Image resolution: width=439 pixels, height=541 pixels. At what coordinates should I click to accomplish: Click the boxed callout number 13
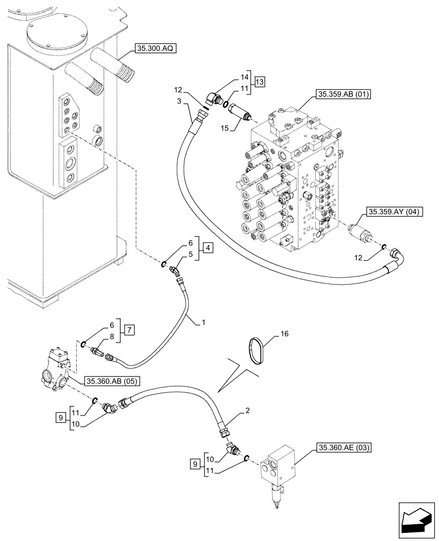pyautogui.click(x=260, y=82)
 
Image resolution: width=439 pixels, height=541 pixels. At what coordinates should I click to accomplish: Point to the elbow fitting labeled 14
pyautogui.click(x=213, y=98)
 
